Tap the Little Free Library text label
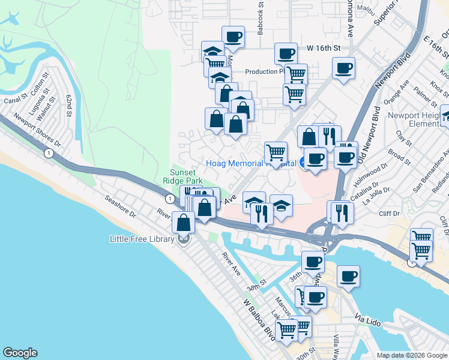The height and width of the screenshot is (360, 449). pyautogui.click(x=142, y=239)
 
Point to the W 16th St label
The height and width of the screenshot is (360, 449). pyautogui.click(x=324, y=47)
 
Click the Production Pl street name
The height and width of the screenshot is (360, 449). pyautogui.click(x=264, y=71)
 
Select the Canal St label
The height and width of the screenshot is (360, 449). pyautogui.click(x=11, y=100)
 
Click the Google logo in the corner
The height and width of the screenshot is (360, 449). pyautogui.click(x=20, y=353)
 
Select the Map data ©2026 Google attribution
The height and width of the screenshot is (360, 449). pyautogui.click(x=411, y=355)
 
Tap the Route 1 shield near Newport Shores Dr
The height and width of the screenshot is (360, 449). pyautogui.click(x=49, y=154)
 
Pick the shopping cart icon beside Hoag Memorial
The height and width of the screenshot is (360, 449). pyautogui.click(x=276, y=152)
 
